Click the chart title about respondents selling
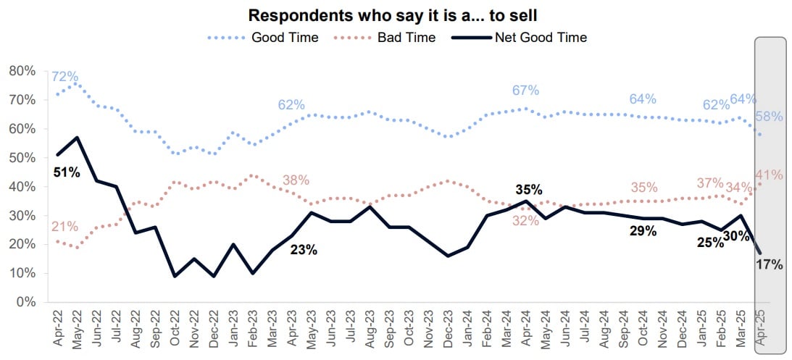click(x=396, y=15)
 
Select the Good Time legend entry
click(x=284, y=37)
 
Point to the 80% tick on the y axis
click(x=22, y=71)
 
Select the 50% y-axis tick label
click(x=22, y=158)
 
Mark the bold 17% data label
click(x=770, y=264)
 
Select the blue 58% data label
click(x=770, y=117)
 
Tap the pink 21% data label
click(x=64, y=227)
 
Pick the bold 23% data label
click(x=304, y=251)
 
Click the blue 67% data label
click(x=525, y=91)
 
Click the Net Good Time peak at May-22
click(x=78, y=137)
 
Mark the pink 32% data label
click(x=525, y=221)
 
